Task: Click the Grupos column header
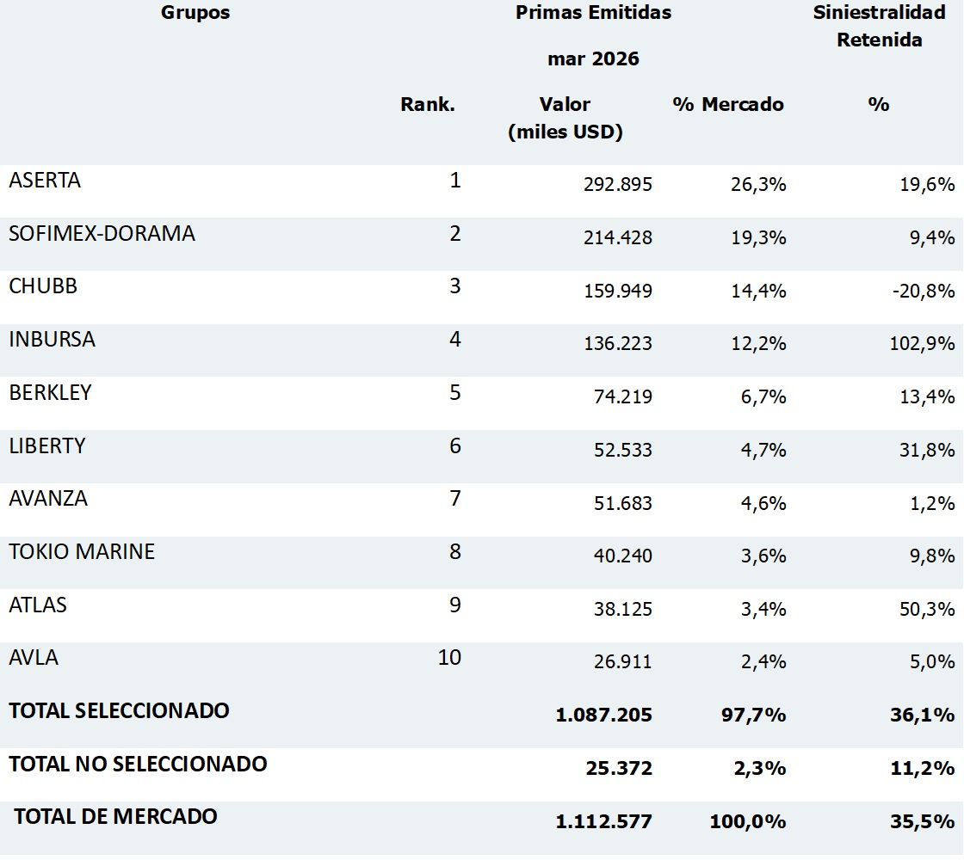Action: (195, 13)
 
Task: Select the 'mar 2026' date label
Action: (593, 59)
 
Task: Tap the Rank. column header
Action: (428, 104)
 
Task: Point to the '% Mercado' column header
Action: (728, 104)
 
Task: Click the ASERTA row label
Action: (45, 180)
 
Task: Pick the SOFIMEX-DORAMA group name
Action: (102, 233)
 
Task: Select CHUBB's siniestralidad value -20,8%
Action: (924, 290)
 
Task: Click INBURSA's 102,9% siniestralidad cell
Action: (922, 343)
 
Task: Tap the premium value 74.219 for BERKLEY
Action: (623, 396)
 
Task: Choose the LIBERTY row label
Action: (47, 446)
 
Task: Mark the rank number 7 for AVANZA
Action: (455, 498)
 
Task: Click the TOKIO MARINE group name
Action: (82, 551)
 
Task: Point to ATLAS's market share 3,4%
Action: (763, 609)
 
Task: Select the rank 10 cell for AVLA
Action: (449, 657)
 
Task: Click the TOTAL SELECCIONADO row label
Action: (120, 710)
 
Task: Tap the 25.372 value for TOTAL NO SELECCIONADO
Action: (619, 768)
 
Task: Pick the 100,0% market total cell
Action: (748, 821)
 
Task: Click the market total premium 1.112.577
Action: (603, 821)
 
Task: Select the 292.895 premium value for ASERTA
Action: (618, 184)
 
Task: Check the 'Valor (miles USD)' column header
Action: (565, 118)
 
